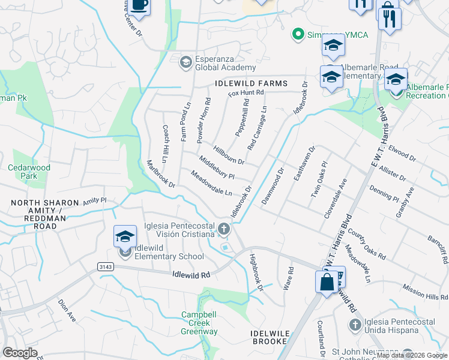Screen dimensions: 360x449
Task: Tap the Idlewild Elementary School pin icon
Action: (124, 237)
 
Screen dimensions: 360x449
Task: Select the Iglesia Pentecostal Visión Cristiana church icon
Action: (224, 228)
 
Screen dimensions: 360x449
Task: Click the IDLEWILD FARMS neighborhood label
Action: (249, 83)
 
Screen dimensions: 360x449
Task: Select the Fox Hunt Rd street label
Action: (246, 92)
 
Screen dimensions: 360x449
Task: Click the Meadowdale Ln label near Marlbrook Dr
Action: (211, 184)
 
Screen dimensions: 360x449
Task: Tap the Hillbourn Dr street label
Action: (229, 154)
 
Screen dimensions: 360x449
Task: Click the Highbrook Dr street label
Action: (256, 272)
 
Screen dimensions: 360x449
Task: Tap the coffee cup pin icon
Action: (139, 5)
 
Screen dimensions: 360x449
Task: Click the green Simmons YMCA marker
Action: (297, 34)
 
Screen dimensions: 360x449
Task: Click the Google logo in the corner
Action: (20, 353)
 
